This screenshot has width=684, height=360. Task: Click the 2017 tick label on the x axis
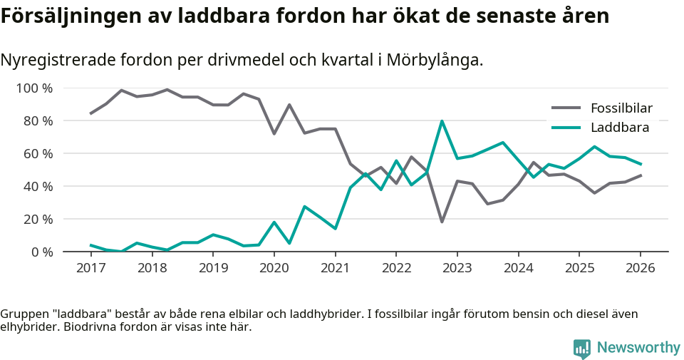point(90,268)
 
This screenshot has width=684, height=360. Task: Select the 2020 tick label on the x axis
point(274,268)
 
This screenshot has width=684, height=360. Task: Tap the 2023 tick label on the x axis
point(457,268)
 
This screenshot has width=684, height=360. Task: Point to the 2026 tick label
point(640,268)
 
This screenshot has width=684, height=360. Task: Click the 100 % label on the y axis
point(35,88)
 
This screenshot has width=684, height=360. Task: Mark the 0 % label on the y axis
point(42,252)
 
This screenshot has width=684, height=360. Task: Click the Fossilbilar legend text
point(621,108)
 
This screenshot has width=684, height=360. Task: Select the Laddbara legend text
point(619,128)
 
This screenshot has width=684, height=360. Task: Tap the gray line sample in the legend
point(566,108)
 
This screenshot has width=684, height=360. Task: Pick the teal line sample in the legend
point(566,128)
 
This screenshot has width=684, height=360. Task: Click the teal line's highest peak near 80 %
point(442,121)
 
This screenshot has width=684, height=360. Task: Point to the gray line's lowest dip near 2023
point(442,222)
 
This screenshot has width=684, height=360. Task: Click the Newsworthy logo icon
point(582,348)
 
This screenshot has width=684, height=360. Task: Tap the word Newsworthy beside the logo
point(638,348)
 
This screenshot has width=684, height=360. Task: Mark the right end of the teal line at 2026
point(640,164)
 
